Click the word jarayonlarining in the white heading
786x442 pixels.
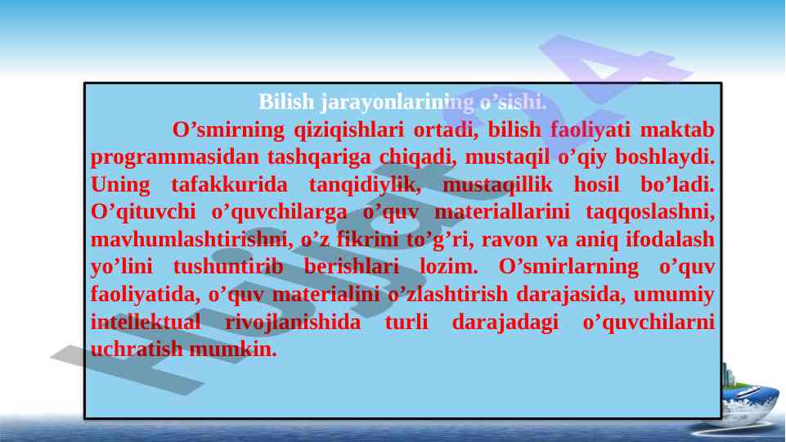coord(397,102)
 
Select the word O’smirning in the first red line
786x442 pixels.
coord(228,130)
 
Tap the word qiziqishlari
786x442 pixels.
coord(348,130)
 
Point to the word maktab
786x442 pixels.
coord(676,129)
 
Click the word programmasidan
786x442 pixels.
coord(174,157)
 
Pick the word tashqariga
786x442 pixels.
coord(319,157)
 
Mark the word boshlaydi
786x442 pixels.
coord(665,157)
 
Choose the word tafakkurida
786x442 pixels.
coord(230,184)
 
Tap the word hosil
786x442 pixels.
coord(596,184)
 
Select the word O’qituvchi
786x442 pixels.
coord(143,212)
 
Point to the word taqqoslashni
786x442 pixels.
coord(650,212)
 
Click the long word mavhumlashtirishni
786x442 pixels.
coord(192,239)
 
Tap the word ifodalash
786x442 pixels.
coord(670,239)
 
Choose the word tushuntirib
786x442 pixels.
coord(228,266)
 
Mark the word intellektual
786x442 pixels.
coord(146,322)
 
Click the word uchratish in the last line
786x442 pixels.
coord(137,349)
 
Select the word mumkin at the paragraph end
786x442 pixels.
coord(233,349)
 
